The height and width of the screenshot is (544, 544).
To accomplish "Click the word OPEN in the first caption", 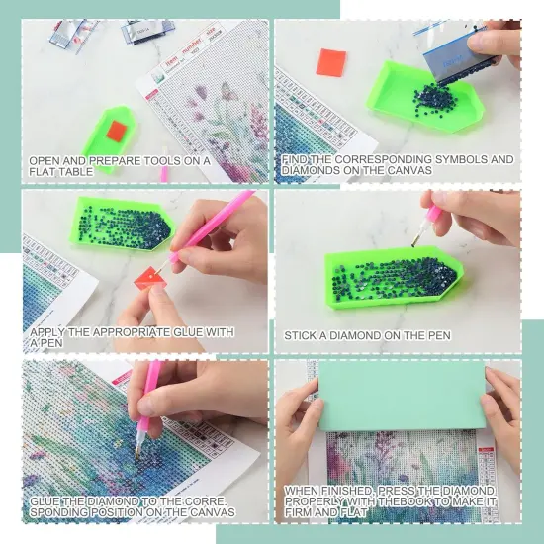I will (x=44, y=159).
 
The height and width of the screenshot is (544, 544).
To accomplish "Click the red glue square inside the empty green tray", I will (x=117, y=131).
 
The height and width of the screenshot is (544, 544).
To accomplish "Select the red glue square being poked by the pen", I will (x=152, y=282).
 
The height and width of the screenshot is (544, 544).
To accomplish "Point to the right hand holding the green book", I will (x=504, y=406).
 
